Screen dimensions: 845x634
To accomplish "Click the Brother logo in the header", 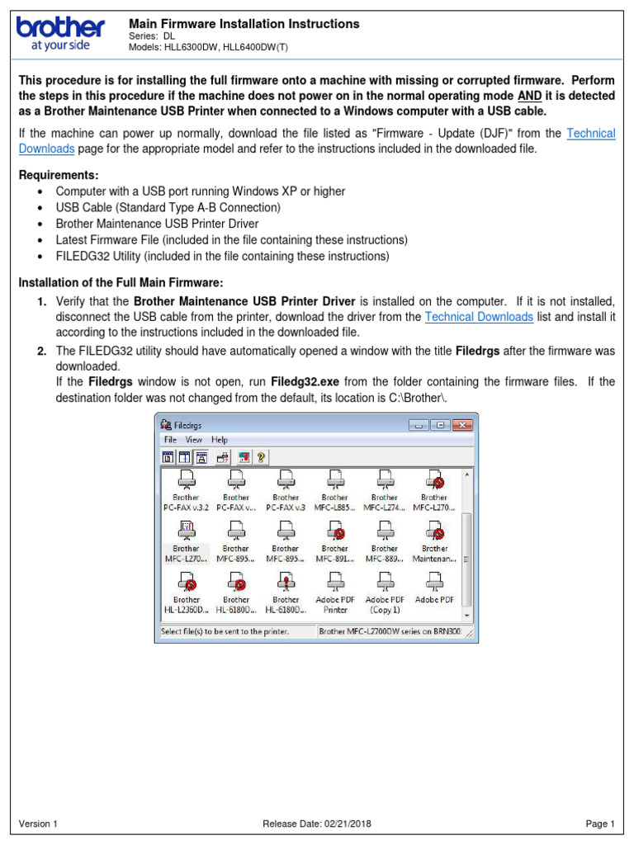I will tap(60, 33).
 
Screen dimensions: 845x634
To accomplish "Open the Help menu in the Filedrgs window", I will tap(219, 440).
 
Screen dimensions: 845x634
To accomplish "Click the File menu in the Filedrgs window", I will tap(170, 440).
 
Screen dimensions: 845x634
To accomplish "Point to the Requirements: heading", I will tap(59, 175).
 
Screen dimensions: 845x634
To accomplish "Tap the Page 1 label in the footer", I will tap(600, 824).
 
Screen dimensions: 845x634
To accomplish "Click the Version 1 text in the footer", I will tap(38, 824).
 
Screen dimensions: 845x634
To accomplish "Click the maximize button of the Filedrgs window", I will tap(440, 425).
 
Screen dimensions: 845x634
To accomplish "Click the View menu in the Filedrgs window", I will tap(194, 440).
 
